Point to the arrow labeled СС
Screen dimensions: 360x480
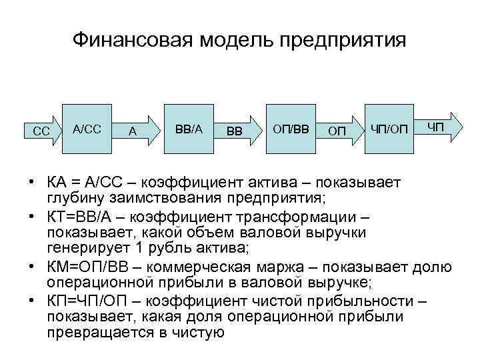41,131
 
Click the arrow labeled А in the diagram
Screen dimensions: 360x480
135,131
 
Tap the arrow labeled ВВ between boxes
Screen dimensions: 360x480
237,131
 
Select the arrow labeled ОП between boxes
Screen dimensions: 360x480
338,131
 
